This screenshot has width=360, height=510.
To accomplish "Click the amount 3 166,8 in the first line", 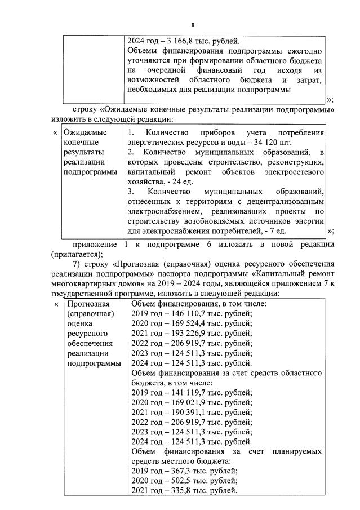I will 180,41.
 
